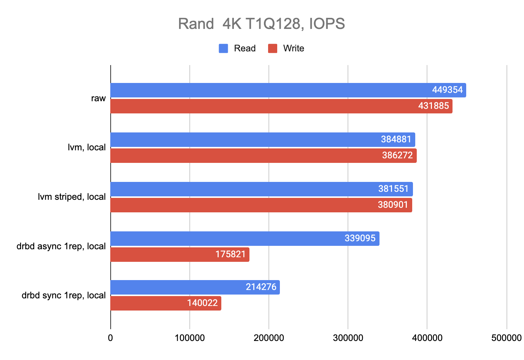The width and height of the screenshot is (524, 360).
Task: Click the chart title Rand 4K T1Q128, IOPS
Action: tap(261, 24)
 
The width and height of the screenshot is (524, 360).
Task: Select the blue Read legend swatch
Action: tap(223, 48)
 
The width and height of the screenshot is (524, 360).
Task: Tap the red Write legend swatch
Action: tap(273, 48)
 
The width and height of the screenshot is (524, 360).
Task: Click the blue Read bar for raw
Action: tap(266, 90)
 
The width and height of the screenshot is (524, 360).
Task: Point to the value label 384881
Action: tap(396, 139)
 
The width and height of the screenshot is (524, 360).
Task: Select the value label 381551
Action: tap(393, 189)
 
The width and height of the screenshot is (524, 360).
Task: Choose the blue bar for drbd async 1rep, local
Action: tap(228, 239)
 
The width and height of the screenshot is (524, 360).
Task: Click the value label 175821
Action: tap(230, 254)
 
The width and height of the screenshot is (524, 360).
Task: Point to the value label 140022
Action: tap(202, 303)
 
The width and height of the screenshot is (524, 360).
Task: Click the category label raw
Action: tap(98, 98)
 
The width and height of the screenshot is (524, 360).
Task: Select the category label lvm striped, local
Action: tap(71, 197)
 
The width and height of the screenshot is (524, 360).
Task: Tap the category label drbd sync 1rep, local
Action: tap(64, 295)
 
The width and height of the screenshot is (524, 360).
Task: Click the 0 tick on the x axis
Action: tap(110, 338)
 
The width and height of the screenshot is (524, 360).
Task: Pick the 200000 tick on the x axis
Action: tap(269, 338)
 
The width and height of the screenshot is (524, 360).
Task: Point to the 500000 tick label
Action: tap(506, 338)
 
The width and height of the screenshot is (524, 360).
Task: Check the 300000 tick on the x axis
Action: tap(348, 338)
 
